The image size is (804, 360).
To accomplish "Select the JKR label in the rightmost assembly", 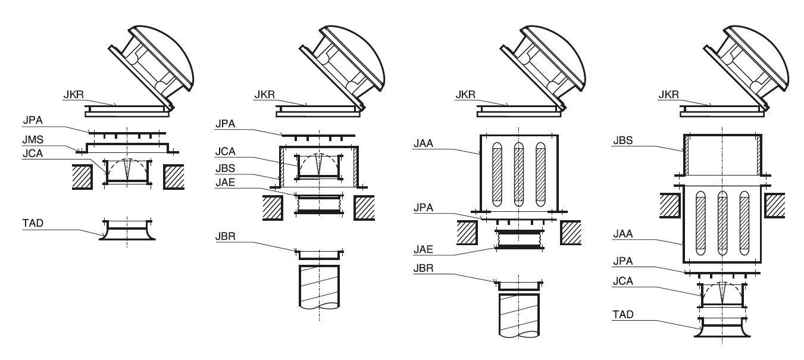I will [x=670, y=95].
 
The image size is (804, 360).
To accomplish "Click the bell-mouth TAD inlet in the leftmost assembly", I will [x=127, y=230].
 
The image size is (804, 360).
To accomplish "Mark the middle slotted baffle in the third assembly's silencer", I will [x=518, y=173].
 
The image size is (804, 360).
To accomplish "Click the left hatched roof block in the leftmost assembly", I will [x=82, y=177].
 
